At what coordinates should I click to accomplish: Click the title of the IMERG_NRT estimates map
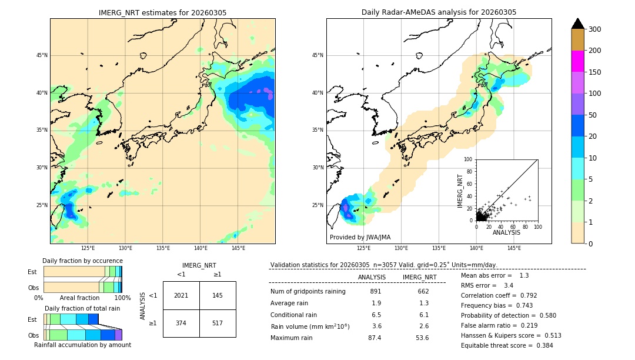click(x=162, y=12)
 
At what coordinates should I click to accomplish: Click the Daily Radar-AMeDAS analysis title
click(x=439, y=12)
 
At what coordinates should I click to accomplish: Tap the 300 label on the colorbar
click(x=594, y=29)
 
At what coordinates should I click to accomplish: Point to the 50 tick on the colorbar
click(x=593, y=115)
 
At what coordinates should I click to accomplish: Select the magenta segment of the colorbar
click(x=578, y=61)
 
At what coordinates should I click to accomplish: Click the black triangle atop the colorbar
click(x=578, y=24)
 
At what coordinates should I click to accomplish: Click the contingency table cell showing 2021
click(x=181, y=295)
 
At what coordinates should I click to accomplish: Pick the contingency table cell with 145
click(x=218, y=295)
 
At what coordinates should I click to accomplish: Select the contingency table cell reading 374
click(x=181, y=323)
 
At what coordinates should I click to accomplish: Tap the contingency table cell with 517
click(x=218, y=323)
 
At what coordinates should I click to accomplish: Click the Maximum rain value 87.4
click(x=375, y=338)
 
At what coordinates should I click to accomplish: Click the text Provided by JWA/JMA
click(x=360, y=237)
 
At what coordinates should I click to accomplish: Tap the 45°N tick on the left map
click(x=42, y=55)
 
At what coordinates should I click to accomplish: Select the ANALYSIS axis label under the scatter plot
click(x=506, y=232)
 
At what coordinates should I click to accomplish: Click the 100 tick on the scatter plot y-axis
click(x=469, y=159)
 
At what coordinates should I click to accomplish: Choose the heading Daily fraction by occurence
click(x=82, y=261)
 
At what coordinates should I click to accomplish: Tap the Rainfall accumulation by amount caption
click(x=82, y=345)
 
